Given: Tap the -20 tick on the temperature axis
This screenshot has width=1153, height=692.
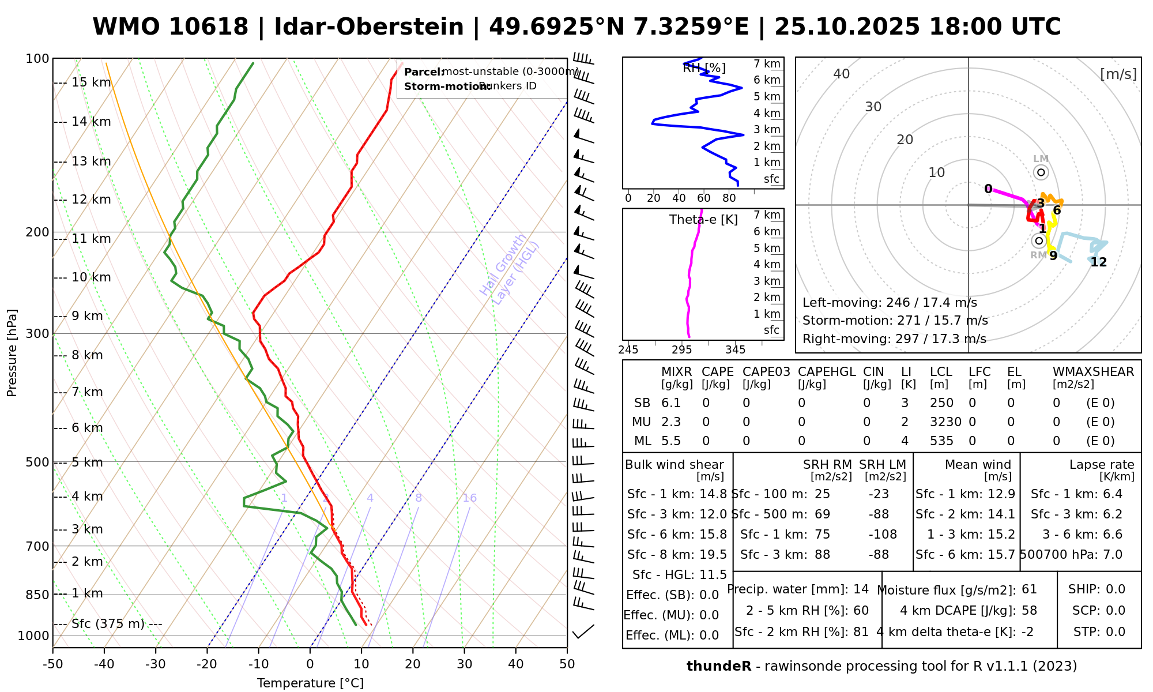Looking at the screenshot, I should (x=207, y=664).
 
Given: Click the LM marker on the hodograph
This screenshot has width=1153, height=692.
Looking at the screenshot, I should (x=1041, y=172).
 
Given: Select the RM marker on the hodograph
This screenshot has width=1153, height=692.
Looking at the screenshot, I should (x=1039, y=240).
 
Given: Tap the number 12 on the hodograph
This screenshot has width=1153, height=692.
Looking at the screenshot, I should (x=1099, y=262).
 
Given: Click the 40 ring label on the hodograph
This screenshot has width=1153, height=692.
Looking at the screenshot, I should (x=842, y=74).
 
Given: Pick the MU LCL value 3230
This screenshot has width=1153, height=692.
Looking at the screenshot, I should (x=945, y=422).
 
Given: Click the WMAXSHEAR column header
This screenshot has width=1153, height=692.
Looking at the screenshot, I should (x=1093, y=372).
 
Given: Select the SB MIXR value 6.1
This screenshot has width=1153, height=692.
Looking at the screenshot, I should (x=671, y=403).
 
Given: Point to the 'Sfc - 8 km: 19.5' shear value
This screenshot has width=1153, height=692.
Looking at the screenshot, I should (x=677, y=554).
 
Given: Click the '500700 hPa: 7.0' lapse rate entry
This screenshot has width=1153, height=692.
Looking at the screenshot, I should (x=1071, y=554).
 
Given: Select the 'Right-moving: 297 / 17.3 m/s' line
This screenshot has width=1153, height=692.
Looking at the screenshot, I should (x=894, y=339).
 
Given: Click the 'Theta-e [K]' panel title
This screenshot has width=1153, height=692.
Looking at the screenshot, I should (x=703, y=220).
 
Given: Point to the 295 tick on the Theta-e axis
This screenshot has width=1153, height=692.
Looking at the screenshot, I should (x=681, y=350).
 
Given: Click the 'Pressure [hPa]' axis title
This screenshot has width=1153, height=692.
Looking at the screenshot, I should (x=12, y=353).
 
